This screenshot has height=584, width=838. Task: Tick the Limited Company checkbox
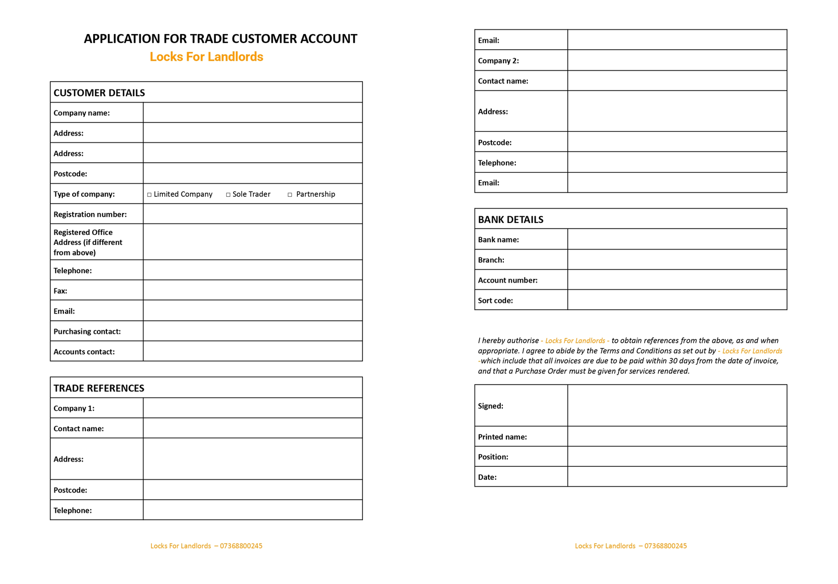tap(149, 195)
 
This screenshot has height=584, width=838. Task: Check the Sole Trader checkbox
tap(228, 195)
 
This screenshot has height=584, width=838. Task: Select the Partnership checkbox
tap(290, 195)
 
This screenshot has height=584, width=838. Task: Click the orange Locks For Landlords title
tap(206, 57)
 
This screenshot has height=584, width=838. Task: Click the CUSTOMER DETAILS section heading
tap(99, 93)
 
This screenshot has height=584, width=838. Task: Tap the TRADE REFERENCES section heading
tap(98, 388)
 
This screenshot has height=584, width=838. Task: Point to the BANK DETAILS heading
tap(511, 219)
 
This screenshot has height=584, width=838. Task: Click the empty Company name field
tap(252, 113)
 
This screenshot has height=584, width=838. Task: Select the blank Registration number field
tap(252, 214)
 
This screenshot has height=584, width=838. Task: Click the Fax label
tap(60, 291)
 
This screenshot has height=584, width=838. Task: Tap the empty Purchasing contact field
tap(252, 331)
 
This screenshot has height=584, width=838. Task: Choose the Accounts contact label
tap(84, 352)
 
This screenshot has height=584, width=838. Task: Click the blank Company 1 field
tap(252, 408)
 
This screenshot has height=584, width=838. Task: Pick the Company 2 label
tap(498, 61)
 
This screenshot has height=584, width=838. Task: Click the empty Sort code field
tap(677, 300)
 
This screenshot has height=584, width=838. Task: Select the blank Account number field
tap(677, 280)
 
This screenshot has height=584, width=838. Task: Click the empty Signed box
tap(677, 406)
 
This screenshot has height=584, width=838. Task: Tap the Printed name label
tap(502, 437)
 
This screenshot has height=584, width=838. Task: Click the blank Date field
tap(677, 477)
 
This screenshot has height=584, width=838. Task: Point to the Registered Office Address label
tap(87, 242)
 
